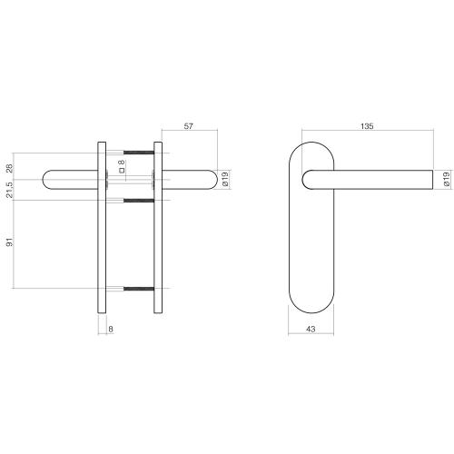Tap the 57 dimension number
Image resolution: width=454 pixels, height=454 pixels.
(x=189, y=127)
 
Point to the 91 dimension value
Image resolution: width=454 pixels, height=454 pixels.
(x=10, y=243)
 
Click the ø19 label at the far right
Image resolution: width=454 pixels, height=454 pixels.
(x=446, y=180)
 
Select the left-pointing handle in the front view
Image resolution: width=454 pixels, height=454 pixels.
(x=68, y=180)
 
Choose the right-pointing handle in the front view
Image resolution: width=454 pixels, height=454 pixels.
(x=191, y=180)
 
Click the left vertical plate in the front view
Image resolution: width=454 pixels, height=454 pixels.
(x=103, y=236)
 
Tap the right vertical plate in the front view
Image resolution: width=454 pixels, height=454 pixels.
(x=158, y=236)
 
